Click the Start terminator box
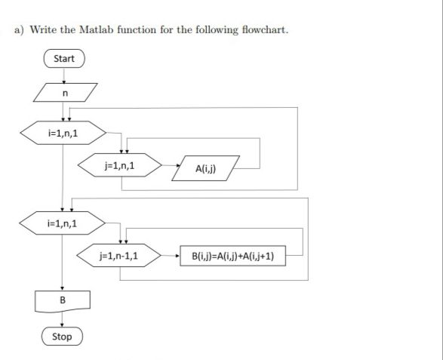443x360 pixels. pyautogui.click(x=64, y=59)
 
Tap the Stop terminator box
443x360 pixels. pyautogui.click(x=62, y=337)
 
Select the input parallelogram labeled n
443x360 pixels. pyautogui.click(x=65, y=92)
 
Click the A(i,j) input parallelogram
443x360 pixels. pyautogui.click(x=206, y=168)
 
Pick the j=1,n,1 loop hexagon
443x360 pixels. pyautogui.click(x=120, y=165)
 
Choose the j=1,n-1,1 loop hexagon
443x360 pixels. pyautogui.click(x=119, y=256)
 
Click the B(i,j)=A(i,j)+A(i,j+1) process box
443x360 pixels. pyautogui.click(x=232, y=256)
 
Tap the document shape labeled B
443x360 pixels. pyautogui.click(x=63, y=301)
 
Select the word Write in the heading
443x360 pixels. pyautogui.click(x=43, y=29)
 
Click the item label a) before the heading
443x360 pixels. pyautogui.click(x=19, y=30)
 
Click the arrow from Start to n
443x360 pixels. pyautogui.click(x=64, y=75)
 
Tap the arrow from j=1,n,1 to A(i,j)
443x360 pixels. pyautogui.click(x=171, y=165)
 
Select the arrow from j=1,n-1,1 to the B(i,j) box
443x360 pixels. pyautogui.click(x=171, y=256)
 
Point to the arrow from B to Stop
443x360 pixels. pyautogui.click(x=62, y=320)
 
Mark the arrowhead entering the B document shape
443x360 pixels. pyautogui.click(x=62, y=289)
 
